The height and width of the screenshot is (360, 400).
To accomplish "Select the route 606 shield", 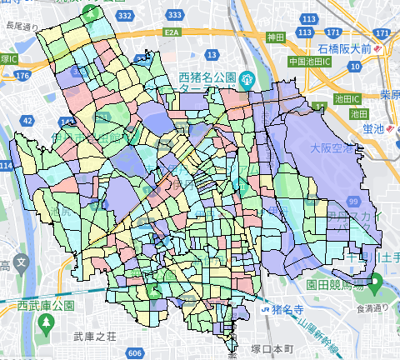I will click(x=135, y=353).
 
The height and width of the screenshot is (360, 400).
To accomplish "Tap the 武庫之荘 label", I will click(x=92, y=337).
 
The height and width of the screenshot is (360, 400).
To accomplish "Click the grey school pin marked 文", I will click(x=19, y=265).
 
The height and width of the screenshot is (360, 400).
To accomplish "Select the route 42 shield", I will click(x=27, y=122).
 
